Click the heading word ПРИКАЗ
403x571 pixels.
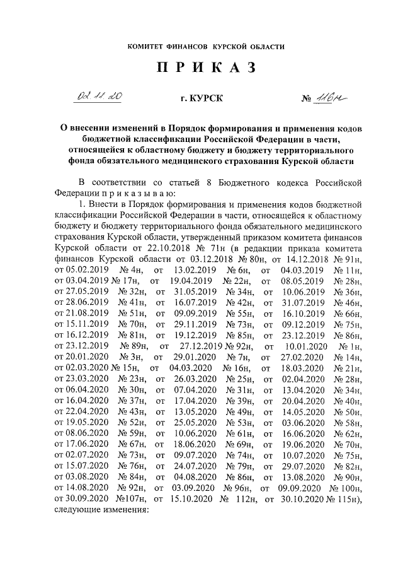click(201, 69)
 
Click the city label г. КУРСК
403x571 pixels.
click(201, 99)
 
